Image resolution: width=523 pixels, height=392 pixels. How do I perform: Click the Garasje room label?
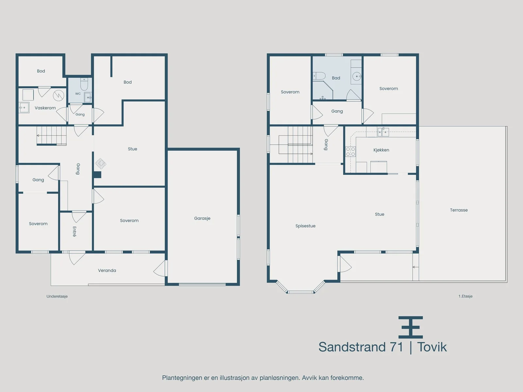tap(202, 218)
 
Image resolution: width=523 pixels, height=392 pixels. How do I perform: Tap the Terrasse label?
tap(459, 210)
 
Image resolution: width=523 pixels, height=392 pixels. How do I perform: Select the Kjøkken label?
tap(381, 150)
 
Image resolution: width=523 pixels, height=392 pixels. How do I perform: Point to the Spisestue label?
tap(305, 226)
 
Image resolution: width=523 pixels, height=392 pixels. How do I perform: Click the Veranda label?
tap(107, 270)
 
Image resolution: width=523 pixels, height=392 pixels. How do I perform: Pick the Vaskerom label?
tap(45, 108)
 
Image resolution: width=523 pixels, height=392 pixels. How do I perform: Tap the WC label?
tap(78, 94)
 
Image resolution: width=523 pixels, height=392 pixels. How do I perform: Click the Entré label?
tap(74, 232)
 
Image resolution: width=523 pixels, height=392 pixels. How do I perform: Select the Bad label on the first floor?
tap(336, 78)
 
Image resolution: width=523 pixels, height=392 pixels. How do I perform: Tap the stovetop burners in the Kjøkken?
tap(350, 152)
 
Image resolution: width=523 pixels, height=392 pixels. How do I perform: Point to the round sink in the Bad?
tap(357, 76)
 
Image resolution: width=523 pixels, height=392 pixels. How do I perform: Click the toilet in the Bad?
tap(319, 76)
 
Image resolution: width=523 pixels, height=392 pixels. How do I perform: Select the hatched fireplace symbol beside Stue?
tap(101, 164)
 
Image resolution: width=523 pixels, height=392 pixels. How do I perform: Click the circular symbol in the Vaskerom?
tap(59, 96)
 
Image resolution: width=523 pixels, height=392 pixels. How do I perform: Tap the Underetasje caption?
tap(57, 296)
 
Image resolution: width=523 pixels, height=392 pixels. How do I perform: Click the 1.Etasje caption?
tap(465, 296)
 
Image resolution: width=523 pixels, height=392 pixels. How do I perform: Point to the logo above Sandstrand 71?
tap(411, 327)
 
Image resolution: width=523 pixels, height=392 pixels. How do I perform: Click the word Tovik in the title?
tap(432, 347)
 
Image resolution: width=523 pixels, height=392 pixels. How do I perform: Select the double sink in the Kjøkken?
tap(383, 132)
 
